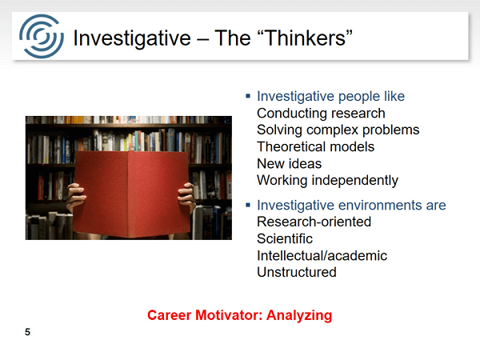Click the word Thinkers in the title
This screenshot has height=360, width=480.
[x=305, y=38]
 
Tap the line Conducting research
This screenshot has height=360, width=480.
[x=321, y=114]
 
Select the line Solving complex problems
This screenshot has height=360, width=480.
[x=338, y=130]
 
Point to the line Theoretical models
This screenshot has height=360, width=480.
[x=316, y=147]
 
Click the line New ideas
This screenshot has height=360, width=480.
[x=290, y=164]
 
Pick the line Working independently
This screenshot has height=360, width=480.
[x=327, y=181]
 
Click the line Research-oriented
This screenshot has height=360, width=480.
[x=314, y=222]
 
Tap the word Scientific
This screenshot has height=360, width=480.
[x=285, y=238]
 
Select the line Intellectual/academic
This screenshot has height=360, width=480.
[x=322, y=256]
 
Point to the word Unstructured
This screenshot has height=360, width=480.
[x=297, y=272]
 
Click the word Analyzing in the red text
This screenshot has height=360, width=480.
[x=299, y=316]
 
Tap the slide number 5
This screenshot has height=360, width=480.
[x=27, y=332]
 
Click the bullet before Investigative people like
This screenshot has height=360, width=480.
[x=248, y=97]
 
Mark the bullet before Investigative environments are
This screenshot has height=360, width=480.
[x=248, y=205]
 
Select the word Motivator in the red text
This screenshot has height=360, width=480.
[x=229, y=315]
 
